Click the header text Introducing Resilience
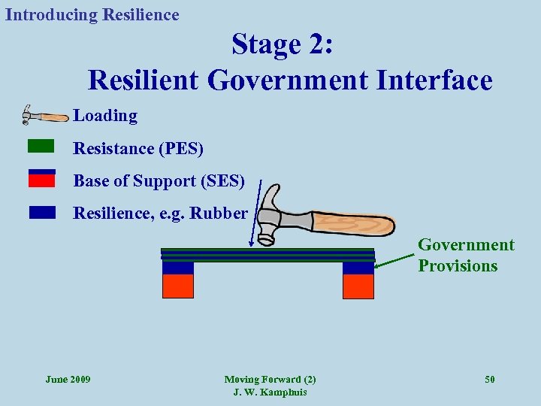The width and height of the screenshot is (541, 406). click(92, 15)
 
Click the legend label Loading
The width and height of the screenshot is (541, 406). click(105, 116)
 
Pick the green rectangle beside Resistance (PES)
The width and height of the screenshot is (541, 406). click(41, 145)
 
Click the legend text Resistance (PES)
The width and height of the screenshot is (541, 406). click(138, 149)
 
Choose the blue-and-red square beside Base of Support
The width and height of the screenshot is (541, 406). click(41, 178)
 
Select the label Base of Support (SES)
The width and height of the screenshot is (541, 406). click(159, 181)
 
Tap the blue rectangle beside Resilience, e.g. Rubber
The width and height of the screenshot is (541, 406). click(42, 212)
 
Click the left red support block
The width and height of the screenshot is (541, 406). click(178, 286)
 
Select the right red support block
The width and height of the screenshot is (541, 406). click(358, 286)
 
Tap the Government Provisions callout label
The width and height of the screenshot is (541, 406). click(466, 256)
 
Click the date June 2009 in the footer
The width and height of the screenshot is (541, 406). click(68, 379)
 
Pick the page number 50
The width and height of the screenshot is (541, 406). click(489, 379)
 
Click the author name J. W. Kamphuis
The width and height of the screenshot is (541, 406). click(270, 392)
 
